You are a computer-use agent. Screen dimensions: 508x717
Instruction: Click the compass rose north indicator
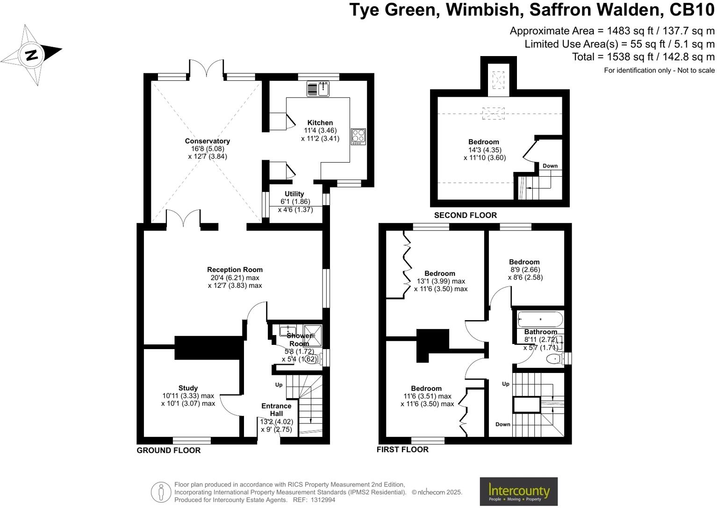click(x=31, y=55)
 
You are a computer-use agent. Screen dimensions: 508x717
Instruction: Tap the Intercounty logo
click(x=518, y=491)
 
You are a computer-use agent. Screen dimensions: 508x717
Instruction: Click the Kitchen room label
click(x=320, y=123)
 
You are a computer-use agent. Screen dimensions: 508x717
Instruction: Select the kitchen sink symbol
click(x=318, y=88)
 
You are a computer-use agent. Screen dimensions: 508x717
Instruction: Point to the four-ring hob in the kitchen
click(x=358, y=136)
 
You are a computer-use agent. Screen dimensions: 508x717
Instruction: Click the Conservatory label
click(x=207, y=141)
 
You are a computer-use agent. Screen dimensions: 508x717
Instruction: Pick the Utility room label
click(x=294, y=194)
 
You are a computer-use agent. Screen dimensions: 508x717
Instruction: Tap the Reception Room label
click(x=235, y=270)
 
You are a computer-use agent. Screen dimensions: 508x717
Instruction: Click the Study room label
click(x=188, y=388)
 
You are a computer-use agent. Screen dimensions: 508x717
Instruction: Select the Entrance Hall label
click(x=276, y=409)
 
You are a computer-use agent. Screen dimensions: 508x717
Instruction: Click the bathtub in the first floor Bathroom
click(x=540, y=319)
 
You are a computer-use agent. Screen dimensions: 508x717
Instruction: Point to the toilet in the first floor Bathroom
click(x=554, y=359)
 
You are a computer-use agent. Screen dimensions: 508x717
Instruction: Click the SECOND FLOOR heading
click(x=465, y=215)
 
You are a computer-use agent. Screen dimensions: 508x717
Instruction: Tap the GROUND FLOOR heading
click(x=168, y=451)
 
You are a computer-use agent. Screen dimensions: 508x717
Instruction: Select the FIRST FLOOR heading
click(x=402, y=450)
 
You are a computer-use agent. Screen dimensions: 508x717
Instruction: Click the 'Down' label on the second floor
click(x=550, y=166)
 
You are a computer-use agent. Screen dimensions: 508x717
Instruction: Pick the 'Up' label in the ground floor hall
click(x=279, y=385)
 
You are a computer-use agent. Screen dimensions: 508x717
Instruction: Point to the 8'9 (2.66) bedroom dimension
click(x=524, y=270)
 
